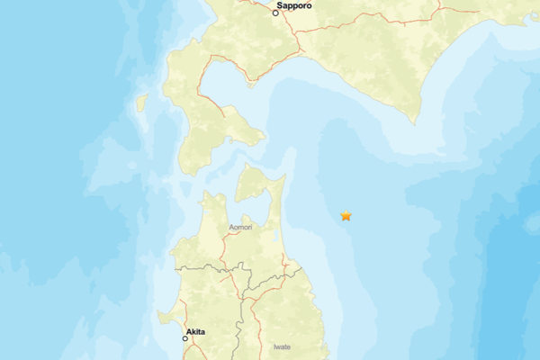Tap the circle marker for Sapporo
pyautogui.click(x=275, y=13)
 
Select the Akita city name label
pyautogui.click(x=195, y=332)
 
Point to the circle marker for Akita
pyautogui.click(x=185, y=338)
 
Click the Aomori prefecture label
pyautogui.click(x=240, y=228)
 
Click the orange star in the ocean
pyautogui.click(x=346, y=215)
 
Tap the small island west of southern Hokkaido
pyautogui.click(x=141, y=103)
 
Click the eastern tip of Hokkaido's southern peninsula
pyautogui.click(x=264, y=138)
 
